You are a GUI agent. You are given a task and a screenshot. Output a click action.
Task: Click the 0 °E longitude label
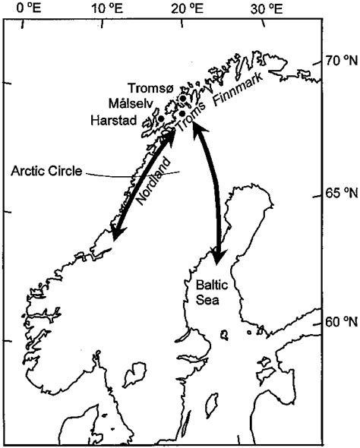pos(28,9)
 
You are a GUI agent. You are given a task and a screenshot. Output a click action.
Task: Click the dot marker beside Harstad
pos(160,118)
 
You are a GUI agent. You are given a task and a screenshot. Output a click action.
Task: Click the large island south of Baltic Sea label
pos(134,373)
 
